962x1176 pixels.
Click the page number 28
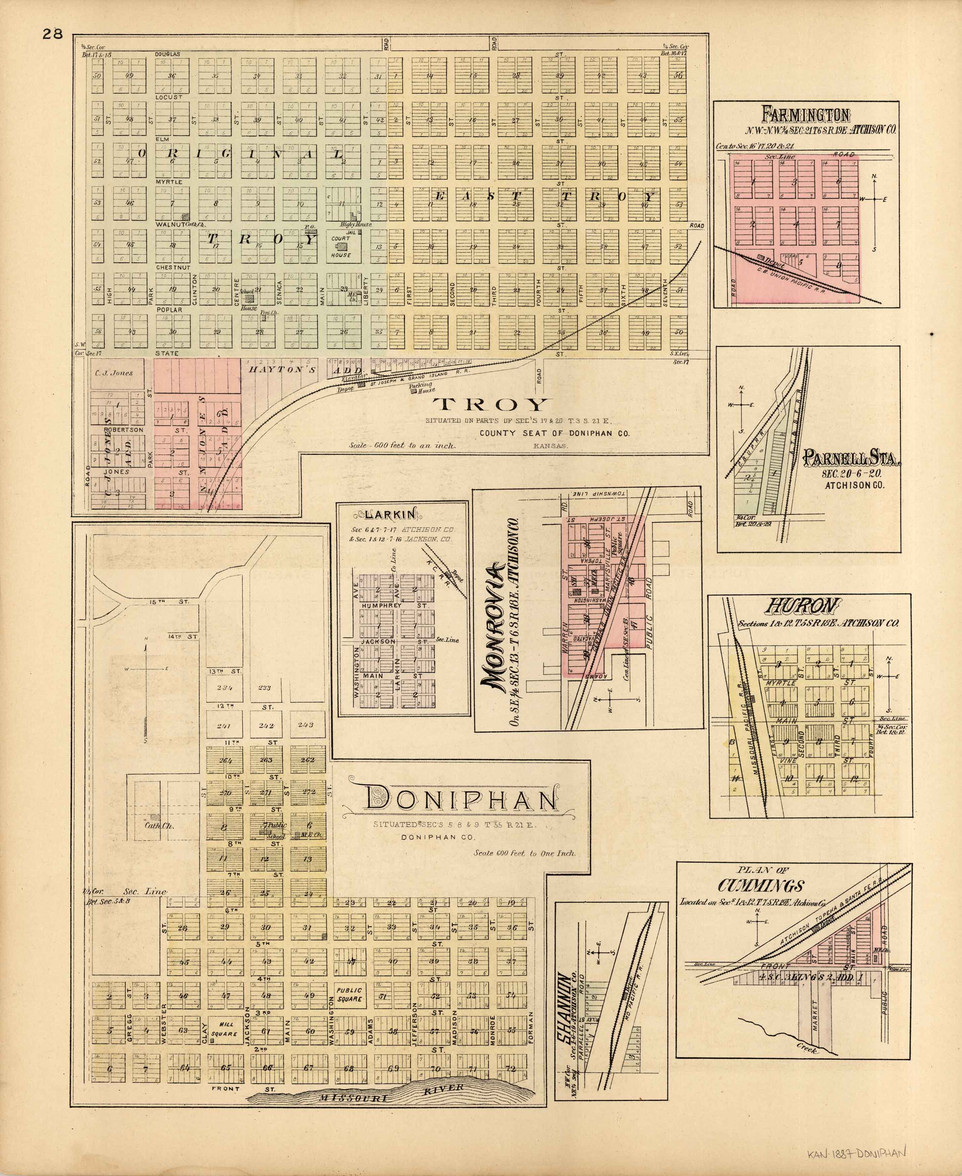53,34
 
